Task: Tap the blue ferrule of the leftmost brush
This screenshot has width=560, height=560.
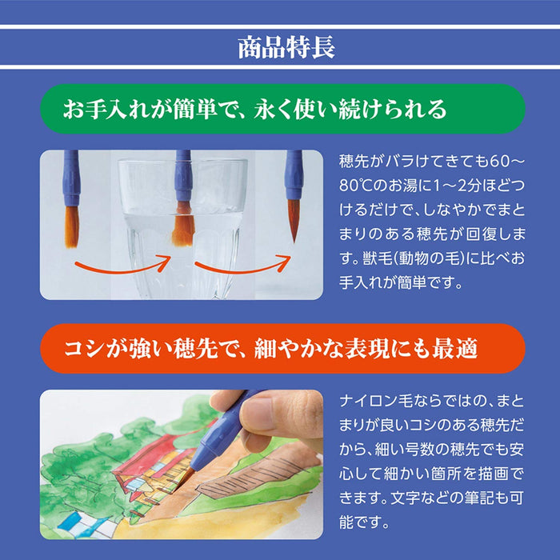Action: pos(72,184)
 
